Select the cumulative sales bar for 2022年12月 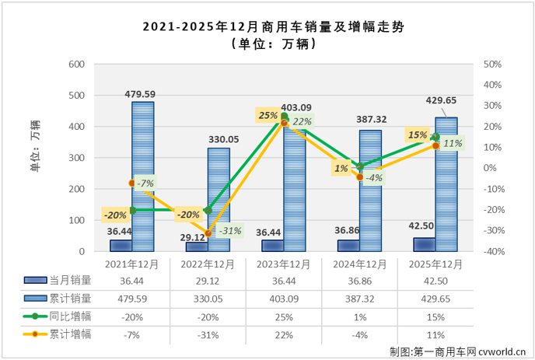pyautogui.click(x=219, y=200)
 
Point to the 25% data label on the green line pyautogui.click(x=268, y=116)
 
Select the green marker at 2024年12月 pyautogui.click(x=360, y=166)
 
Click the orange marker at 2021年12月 pyautogui.click(x=131, y=183)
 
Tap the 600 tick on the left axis pyautogui.click(x=78, y=65)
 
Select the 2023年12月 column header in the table pyautogui.click(x=284, y=264)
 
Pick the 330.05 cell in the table pyautogui.click(x=208, y=299)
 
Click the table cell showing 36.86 pyautogui.click(x=360, y=281)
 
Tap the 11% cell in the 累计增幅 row pyautogui.click(x=435, y=334)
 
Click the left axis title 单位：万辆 pyautogui.click(x=35, y=144)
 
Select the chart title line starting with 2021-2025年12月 pyautogui.click(x=267, y=27)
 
